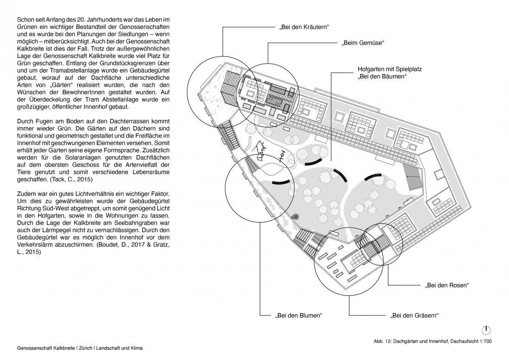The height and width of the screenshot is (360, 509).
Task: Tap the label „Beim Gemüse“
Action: point(363,43)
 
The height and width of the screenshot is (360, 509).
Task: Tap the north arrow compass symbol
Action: point(486,329)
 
